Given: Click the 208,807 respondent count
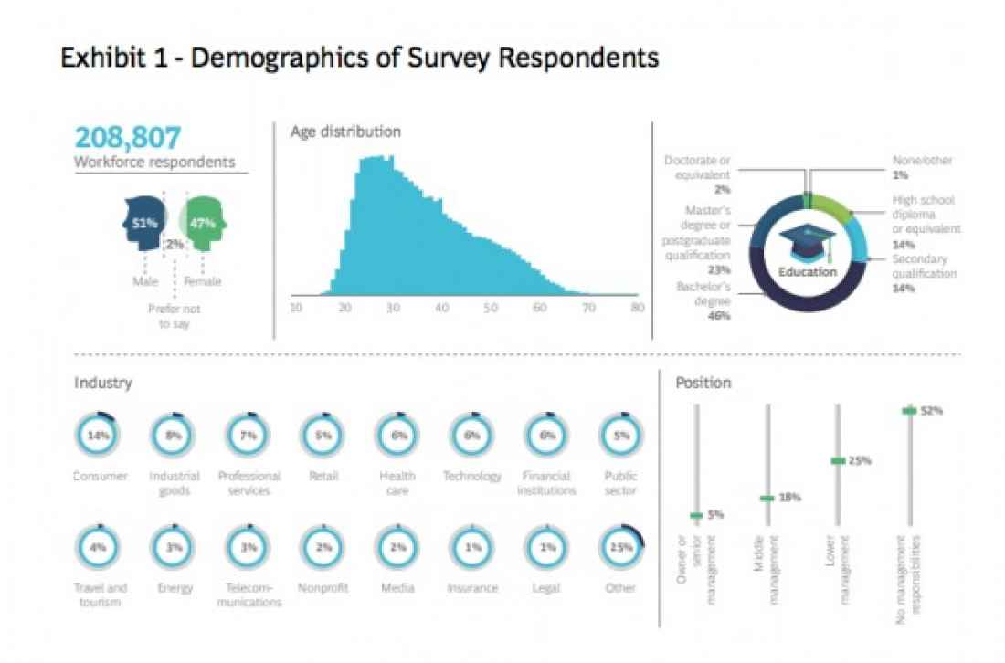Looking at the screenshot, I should tap(128, 137).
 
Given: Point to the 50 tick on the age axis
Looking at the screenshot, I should tap(491, 308).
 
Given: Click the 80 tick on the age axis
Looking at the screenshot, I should tap(637, 308).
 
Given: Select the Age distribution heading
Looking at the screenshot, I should tap(345, 132).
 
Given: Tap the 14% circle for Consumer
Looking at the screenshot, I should tap(99, 436).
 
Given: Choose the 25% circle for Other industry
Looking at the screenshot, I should tap(621, 548).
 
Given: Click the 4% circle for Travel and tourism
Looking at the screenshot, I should tap(99, 548).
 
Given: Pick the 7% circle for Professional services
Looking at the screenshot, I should tap(248, 436).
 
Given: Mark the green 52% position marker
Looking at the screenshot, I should tap(909, 411).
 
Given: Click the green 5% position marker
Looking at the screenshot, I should tap(697, 516).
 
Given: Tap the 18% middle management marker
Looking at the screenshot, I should tap(767, 499).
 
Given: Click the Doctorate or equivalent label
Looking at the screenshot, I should tap(697, 167).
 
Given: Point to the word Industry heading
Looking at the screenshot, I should tap(103, 383).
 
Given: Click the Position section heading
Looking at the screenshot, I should tap(703, 383).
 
